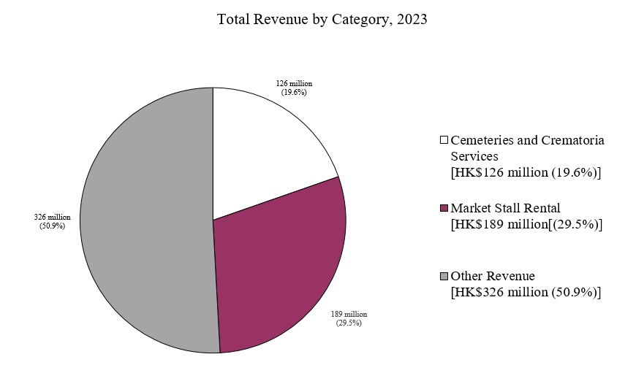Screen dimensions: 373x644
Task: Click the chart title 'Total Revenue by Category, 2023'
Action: [x=322, y=20]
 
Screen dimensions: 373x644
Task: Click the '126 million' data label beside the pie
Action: [x=293, y=83]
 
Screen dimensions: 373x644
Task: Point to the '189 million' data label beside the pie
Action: [x=349, y=313]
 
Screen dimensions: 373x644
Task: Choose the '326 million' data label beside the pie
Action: [x=52, y=217]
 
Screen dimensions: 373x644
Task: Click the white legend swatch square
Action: [x=444, y=139]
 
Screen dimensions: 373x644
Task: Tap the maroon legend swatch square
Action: [x=444, y=209]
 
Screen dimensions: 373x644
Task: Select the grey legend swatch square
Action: [x=444, y=276]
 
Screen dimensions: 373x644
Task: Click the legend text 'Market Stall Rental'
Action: [x=505, y=208]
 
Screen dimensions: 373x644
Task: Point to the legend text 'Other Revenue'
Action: [x=493, y=276]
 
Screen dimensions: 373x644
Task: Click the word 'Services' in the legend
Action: [x=474, y=155]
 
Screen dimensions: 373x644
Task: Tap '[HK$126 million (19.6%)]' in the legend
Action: [x=526, y=172]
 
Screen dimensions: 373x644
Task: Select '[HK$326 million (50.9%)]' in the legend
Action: [x=526, y=292]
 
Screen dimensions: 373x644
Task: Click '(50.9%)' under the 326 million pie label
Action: [x=52, y=226]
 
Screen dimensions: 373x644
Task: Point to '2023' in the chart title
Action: [x=412, y=20]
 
